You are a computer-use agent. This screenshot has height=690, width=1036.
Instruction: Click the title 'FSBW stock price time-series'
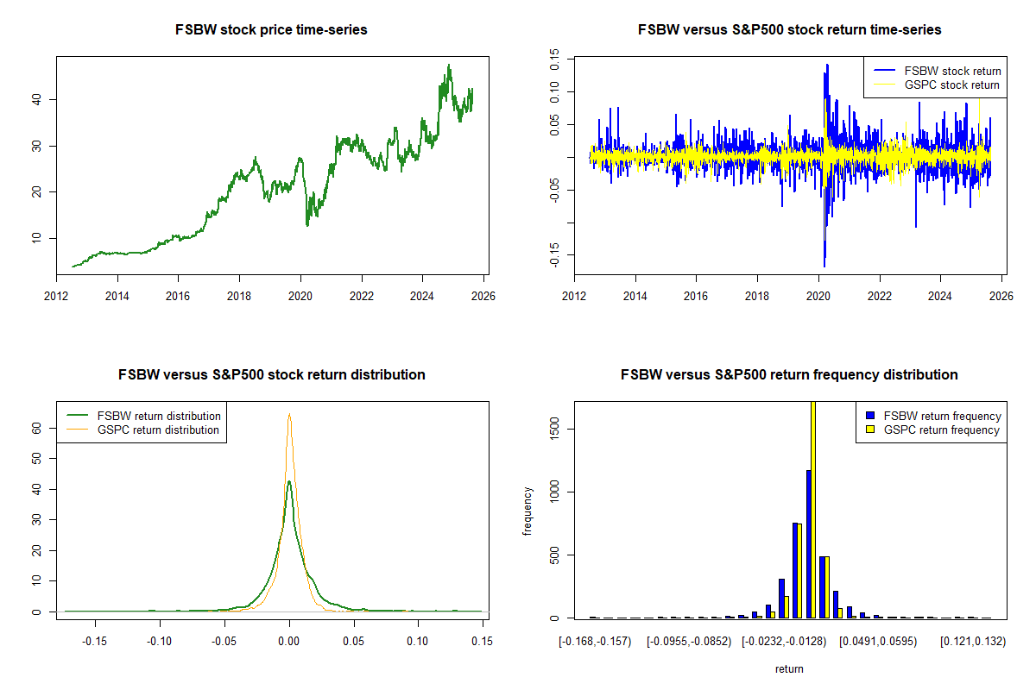coord(272,30)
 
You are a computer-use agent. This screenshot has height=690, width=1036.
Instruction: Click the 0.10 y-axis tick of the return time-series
coord(556,90)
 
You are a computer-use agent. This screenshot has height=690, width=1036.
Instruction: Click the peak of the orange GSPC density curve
coord(289,416)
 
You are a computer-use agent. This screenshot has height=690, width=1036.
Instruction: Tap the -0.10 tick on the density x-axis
coord(159,641)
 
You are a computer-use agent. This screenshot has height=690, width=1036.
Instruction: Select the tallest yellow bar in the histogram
coord(812,509)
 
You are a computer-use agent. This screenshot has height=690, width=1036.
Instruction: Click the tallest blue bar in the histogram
coord(808,543)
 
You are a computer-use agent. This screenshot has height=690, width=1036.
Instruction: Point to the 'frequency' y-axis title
coord(528,510)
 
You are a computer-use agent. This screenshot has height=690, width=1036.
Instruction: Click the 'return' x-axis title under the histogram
coord(789,668)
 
